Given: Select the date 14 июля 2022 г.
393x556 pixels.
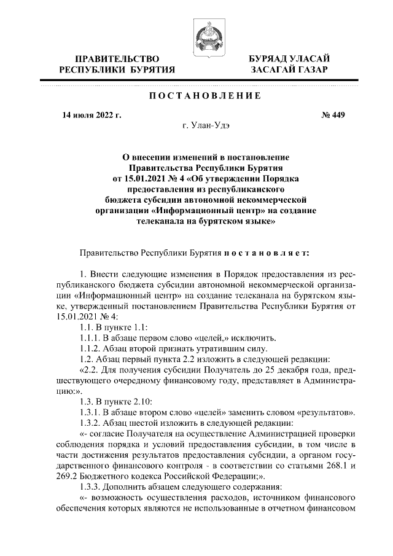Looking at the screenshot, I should pos(91,114).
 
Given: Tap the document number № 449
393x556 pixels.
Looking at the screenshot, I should pos(331,114).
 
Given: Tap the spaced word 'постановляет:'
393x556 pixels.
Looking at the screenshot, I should pos(264,253).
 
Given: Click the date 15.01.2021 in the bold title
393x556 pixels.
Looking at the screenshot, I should pos(142,179).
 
